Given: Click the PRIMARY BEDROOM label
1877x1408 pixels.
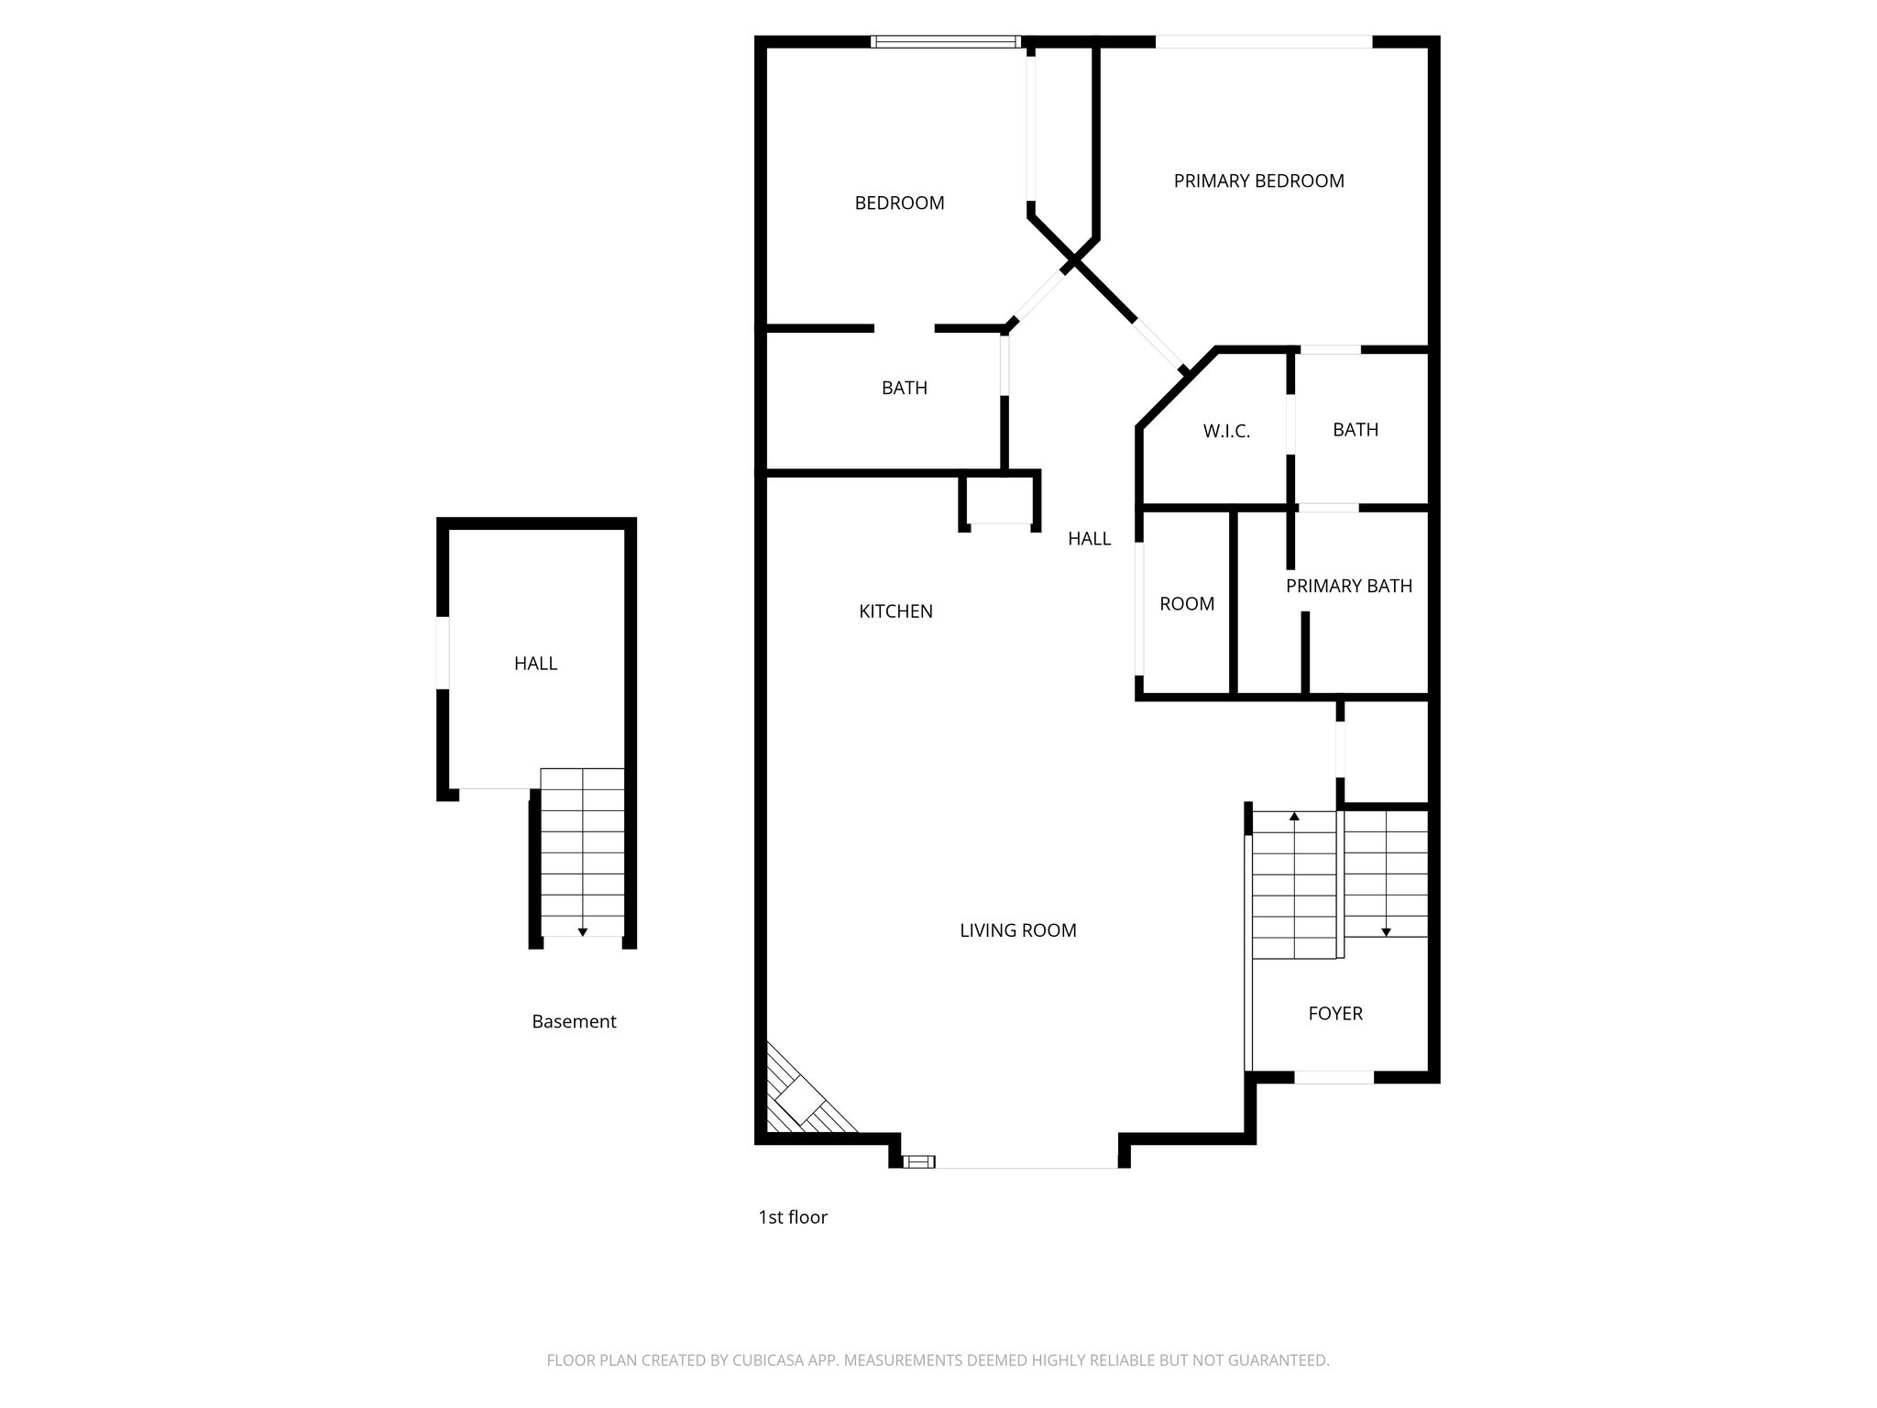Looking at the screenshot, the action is [1258, 181].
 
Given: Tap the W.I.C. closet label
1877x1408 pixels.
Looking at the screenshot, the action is [1226, 431].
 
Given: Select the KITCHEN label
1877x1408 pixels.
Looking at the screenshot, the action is [895, 611].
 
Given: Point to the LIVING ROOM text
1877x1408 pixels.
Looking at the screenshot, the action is [1017, 930].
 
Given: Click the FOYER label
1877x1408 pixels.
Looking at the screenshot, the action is [1335, 1013].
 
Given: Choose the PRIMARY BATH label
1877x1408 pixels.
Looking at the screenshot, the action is [1348, 586].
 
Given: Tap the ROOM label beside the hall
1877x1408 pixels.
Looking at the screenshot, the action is [1187, 604].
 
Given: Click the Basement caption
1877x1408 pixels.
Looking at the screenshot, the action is [574, 1021].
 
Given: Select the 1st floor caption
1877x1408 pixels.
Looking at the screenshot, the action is [793, 1217].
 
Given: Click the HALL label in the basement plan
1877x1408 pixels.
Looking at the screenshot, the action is [535, 664].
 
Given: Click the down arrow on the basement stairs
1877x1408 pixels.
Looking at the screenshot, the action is [582, 931].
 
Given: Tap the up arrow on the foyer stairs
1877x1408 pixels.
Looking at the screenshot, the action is [1294, 816].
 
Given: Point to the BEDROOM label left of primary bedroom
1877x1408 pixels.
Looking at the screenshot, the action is [899, 203].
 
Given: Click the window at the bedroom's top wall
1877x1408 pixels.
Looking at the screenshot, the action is [945, 41].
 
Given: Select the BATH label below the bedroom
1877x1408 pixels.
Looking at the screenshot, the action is [905, 388].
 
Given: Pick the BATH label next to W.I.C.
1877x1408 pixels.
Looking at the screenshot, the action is [1356, 430].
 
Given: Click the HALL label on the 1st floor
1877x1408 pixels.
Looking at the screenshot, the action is [1089, 539].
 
